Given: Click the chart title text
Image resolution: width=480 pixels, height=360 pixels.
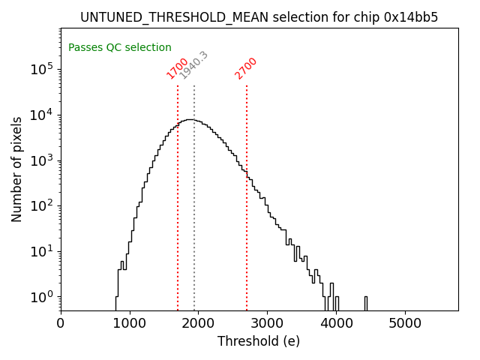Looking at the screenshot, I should (x=259, y=17).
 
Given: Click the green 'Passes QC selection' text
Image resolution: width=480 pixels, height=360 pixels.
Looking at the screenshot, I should (x=120, y=48).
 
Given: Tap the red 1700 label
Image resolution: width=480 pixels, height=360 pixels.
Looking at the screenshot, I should (x=178, y=68).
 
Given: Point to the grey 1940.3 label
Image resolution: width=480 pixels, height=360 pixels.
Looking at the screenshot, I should (x=194, y=65).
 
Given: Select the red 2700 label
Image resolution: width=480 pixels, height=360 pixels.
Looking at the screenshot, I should (x=246, y=68).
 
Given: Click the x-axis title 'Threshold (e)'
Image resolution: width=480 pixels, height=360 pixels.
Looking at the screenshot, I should (x=259, y=341).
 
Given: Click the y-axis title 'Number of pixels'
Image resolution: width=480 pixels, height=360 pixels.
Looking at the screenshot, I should (x=16, y=169).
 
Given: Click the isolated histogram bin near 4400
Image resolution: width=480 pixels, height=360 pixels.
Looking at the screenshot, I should (x=366, y=302).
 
